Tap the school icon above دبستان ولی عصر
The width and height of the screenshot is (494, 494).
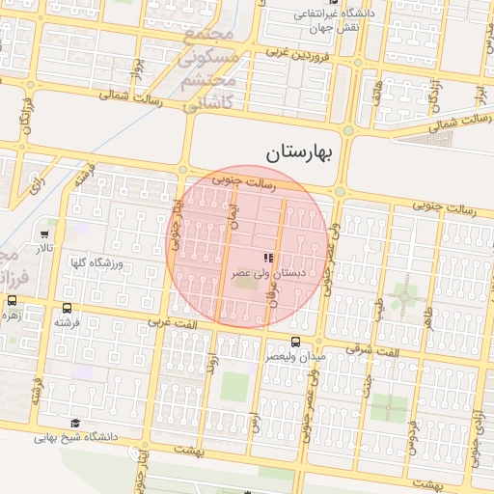(268, 258)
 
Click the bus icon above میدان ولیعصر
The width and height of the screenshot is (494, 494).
(295, 341)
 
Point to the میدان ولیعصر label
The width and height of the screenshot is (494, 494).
(296, 356)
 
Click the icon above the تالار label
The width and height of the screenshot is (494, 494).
(45, 234)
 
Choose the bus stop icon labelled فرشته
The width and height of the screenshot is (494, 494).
(67, 308)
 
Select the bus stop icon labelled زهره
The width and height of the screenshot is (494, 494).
(13, 301)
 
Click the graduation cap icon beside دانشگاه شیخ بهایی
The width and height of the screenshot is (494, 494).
(75, 423)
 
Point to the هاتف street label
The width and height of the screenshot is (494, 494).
(376, 92)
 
